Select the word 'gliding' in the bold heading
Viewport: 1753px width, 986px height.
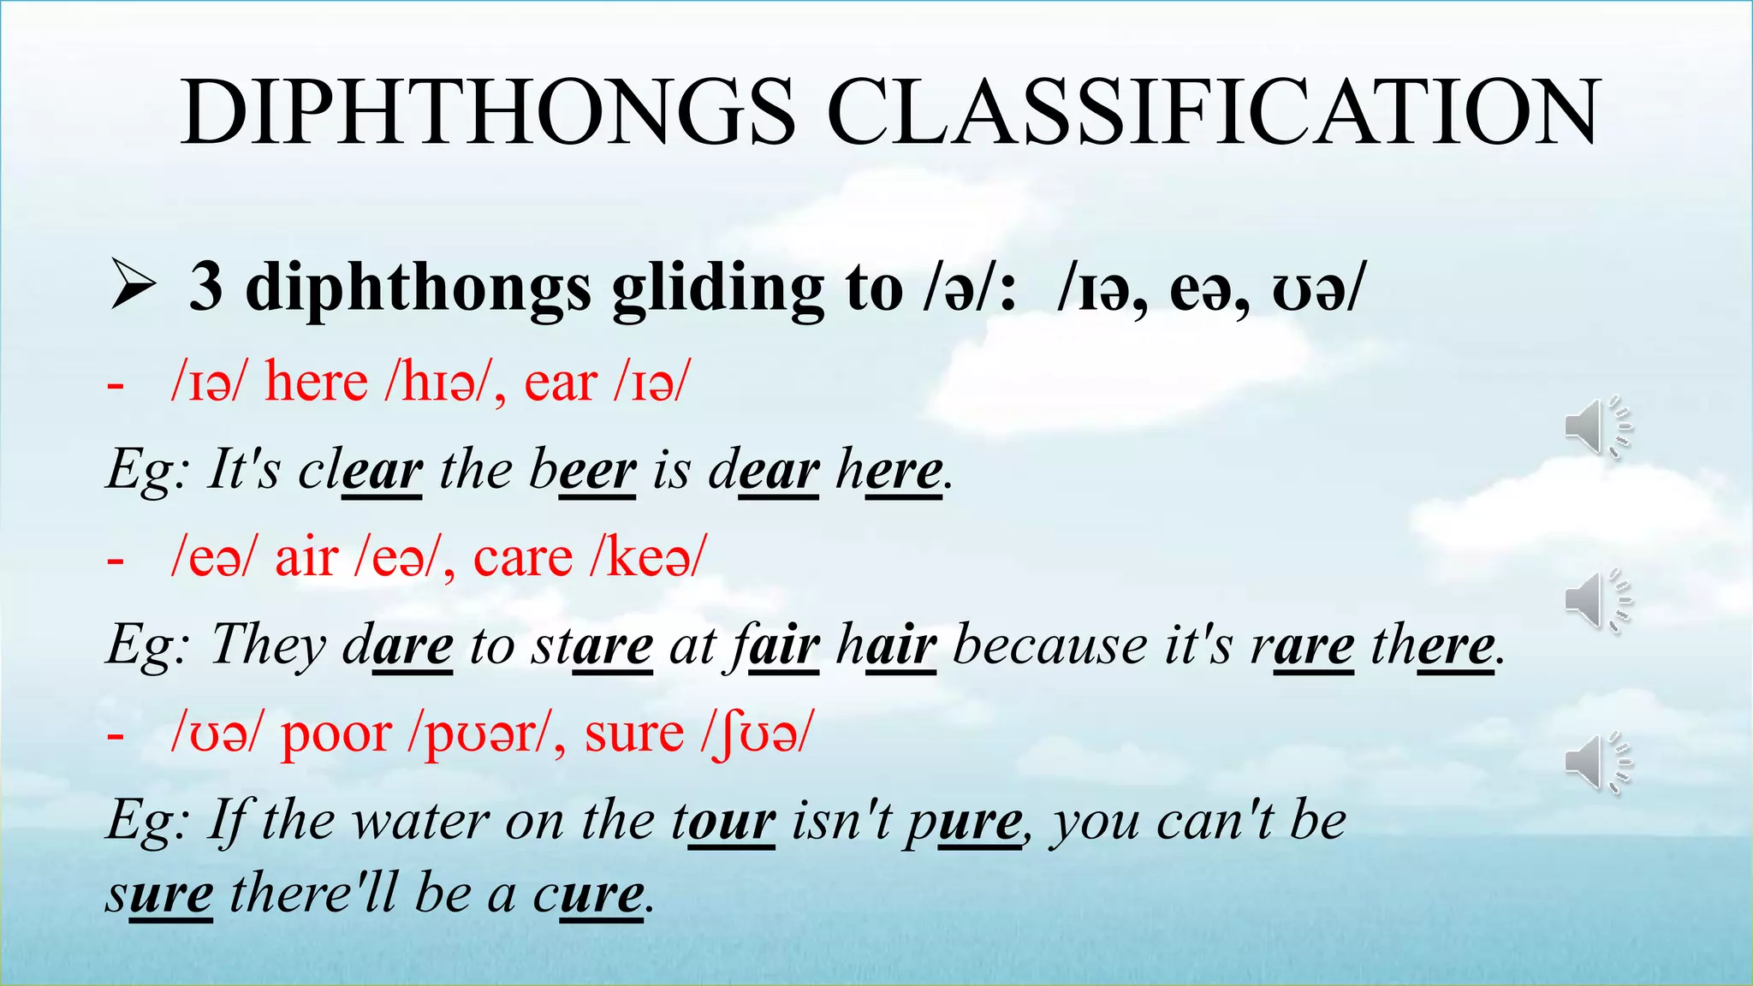(717, 288)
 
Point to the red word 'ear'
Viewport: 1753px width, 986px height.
(561, 383)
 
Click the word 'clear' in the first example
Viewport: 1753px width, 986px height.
(360, 470)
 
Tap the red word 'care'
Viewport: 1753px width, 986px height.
(522, 558)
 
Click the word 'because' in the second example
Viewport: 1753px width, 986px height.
(1049, 645)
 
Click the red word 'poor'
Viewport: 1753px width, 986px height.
(336, 734)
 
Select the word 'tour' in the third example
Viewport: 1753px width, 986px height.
(723, 821)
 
